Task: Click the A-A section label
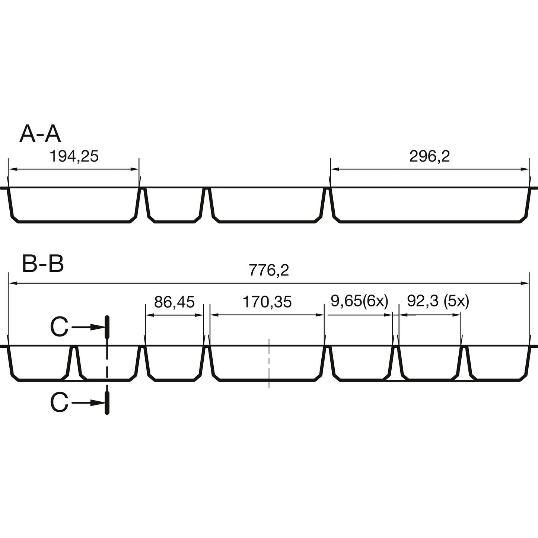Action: coord(40,134)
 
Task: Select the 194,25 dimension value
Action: coord(74,156)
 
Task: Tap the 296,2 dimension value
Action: coord(430,156)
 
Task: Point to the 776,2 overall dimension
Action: coord(269,270)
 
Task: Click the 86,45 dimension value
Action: coord(174,302)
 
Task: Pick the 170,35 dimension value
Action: coord(267,302)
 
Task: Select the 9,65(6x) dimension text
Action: coord(360,302)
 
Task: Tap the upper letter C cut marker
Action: coord(59,327)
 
